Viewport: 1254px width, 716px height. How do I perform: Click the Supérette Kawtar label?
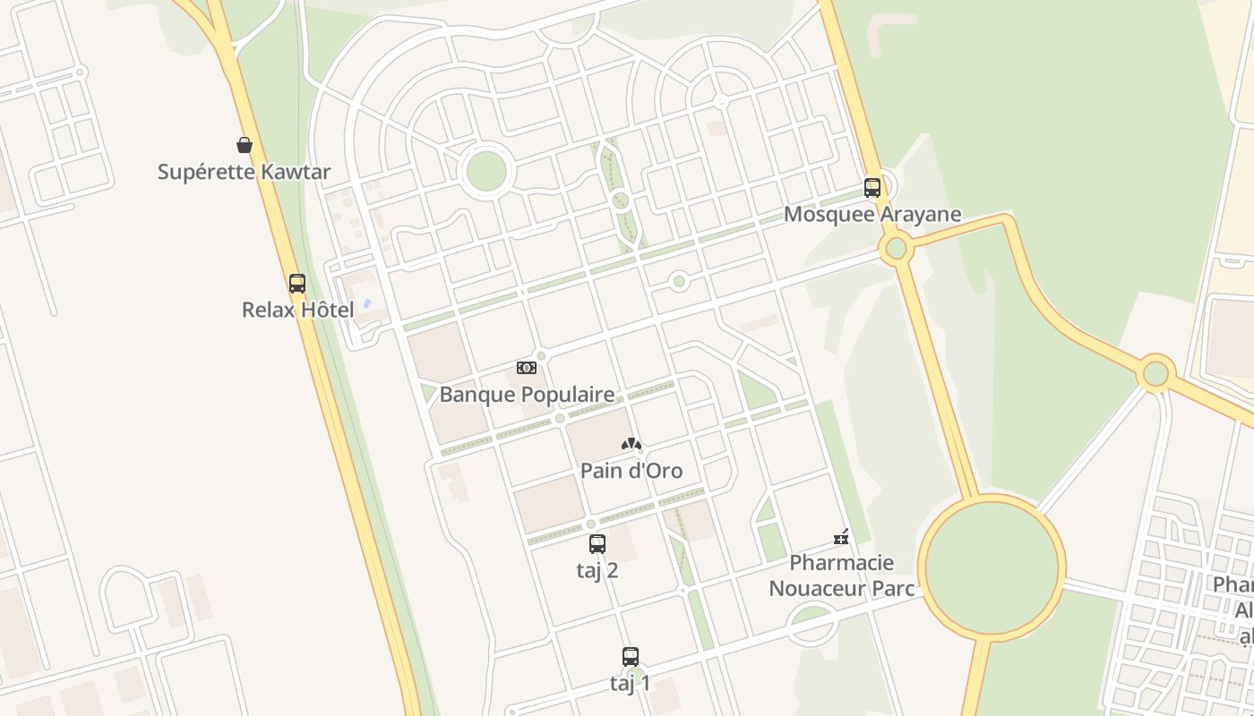[244, 172]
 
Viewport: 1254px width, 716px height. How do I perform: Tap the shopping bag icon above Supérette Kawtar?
[244, 145]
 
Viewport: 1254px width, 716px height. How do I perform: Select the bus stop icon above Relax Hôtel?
[297, 284]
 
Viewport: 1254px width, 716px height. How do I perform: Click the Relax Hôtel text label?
[298, 311]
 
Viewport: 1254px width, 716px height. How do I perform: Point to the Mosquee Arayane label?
[872, 215]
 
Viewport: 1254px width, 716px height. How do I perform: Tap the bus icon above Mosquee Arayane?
[872, 188]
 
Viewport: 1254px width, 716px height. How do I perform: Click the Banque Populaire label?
[527, 395]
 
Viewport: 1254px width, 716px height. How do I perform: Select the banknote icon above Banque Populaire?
[527, 368]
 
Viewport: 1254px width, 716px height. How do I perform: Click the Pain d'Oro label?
[631, 471]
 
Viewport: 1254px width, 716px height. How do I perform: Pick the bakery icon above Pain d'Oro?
[631, 444]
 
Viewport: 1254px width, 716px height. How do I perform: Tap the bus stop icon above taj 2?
[597, 543]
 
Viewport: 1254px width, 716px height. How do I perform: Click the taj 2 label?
[597, 570]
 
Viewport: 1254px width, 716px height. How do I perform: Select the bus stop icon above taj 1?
[631, 656]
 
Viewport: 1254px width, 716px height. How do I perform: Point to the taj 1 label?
[631, 684]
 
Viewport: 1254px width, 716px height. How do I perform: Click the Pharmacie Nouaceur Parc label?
[841, 575]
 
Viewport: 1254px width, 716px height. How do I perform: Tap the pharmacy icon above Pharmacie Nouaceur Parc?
[841, 537]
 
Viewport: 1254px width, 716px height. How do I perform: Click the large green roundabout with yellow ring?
[992, 567]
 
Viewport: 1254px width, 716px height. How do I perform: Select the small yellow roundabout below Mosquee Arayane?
[896, 249]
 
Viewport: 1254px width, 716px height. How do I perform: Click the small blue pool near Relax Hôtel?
[366, 303]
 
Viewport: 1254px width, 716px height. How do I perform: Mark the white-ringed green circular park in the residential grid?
[486, 171]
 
